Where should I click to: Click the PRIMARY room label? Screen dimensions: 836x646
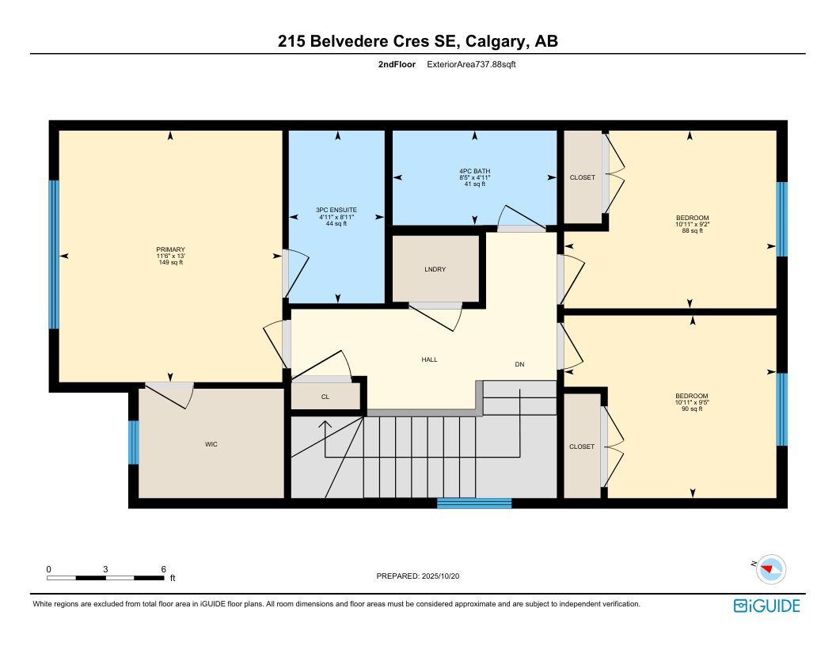[171, 249]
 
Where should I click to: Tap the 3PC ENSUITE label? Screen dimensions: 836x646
[336, 210]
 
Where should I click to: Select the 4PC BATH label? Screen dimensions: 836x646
[474, 171]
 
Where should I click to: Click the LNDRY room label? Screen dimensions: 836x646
[435, 269]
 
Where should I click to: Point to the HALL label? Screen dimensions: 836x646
[429, 359]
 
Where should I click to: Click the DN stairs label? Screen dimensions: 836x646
[519, 365]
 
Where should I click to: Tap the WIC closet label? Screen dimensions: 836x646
[211, 444]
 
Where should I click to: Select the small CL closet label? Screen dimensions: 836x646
[325, 397]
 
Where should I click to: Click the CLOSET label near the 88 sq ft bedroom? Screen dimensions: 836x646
[582, 177]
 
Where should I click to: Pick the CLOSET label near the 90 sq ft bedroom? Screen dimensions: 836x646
[582, 446]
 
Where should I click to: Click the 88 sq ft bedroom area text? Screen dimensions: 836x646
[693, 231]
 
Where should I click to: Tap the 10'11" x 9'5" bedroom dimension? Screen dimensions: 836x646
[691, 402]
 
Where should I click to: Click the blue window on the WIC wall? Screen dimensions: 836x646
[133, 443]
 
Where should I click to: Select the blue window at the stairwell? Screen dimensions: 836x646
[474, 503]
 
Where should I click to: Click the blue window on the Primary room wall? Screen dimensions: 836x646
[54, 254]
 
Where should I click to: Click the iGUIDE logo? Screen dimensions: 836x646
[766, 606]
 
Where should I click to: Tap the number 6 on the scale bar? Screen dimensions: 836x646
[164, 569]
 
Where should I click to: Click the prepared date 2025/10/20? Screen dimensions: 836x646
[440, 576]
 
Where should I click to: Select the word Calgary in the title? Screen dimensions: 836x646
[497, 42]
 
